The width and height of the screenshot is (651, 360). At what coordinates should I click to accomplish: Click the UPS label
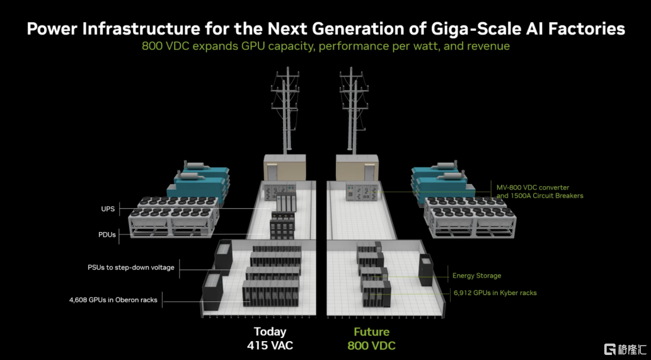pyautogui.click(x=108, y=209)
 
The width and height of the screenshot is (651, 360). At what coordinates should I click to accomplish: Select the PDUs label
pyautogui.click(x=107, y=235)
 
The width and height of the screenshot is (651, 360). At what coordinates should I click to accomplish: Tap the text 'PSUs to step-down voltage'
pyautogui.click(x=131, y=267)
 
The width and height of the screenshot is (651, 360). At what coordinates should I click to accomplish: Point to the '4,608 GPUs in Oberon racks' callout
pyautogui.click(x=113, y=300)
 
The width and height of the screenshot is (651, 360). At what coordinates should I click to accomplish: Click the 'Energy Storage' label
pyautogui.click(x=476, y=276)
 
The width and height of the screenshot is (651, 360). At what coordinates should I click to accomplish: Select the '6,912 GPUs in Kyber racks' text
pyautogui.click(x=495, y=293)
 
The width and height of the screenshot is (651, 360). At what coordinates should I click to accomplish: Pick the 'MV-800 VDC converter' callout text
pyautogui.click(x=533, y=188)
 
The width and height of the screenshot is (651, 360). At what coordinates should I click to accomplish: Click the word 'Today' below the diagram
pyautogui.click(x=270, y=332)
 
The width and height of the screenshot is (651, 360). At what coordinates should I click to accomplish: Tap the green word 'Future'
pyautogui.click(x=372, y=332)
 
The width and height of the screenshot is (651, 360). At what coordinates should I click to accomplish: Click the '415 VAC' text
pyautogui.click(x=270, y=345)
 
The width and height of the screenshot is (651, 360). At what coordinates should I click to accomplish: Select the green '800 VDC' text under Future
pyautogui.click(x=372, y=345)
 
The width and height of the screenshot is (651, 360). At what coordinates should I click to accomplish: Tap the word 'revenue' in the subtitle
pyautogui.click(x=488, y=45)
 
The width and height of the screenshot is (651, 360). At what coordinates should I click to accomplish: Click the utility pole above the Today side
pyautogui.click(x=285, y=110)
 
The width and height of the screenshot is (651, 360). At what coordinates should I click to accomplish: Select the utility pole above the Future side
pyautogui.click(x=354, y=110)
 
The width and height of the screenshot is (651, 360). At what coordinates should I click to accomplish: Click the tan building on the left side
pyautogui.click(x=285, y=167)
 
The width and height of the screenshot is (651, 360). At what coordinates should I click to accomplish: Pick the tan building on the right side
pyautogui.click(x=357, y=167)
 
